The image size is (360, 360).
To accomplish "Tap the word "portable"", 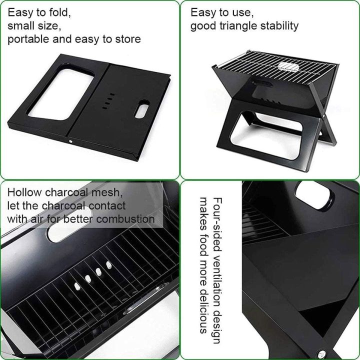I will (28, 39).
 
